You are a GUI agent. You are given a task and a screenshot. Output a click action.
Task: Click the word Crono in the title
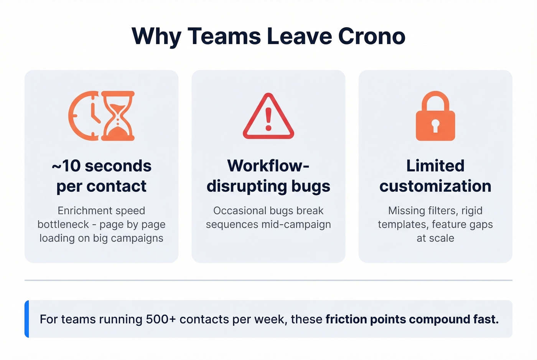(372, 36)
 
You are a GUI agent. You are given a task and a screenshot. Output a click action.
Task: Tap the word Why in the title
(156, 37)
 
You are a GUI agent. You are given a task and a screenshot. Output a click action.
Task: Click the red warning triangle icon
(268, 117)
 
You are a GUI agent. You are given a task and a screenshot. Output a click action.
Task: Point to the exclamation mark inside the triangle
(268, 119)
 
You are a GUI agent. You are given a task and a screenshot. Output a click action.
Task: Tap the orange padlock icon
(435, 116)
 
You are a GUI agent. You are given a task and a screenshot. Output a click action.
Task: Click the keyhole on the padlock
(435, 125)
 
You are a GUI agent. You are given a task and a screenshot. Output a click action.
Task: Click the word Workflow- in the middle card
(268, 166)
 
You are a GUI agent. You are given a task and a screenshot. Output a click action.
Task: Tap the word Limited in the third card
(435, 166)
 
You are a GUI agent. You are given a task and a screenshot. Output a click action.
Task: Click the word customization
(435, 186)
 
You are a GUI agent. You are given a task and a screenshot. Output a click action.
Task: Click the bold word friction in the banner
(346, 319)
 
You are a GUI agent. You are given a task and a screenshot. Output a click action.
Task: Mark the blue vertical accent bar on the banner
(27, 319)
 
